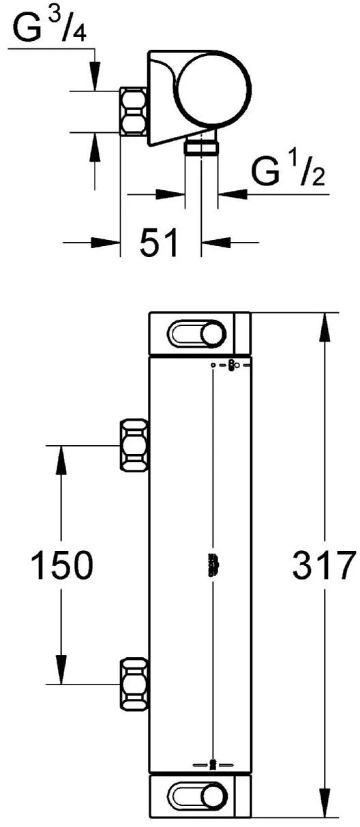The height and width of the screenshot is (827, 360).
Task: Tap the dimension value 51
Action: point(159,242)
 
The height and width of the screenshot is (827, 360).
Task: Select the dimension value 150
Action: point(61,565)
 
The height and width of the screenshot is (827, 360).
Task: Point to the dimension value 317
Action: point(323,565)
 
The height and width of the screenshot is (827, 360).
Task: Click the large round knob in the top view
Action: point(213,89)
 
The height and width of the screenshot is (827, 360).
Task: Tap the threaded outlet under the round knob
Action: point(202,148)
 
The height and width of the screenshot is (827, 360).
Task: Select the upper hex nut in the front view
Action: point(134,445)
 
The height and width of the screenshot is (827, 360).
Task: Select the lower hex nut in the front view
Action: point(134,684)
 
